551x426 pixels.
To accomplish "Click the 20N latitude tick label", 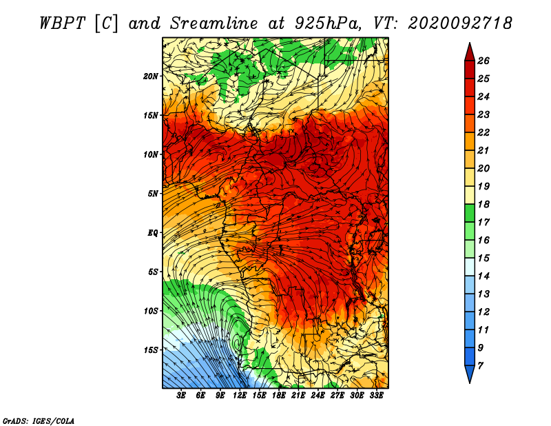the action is click(151, 77).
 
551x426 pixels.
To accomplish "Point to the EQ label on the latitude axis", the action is click(153, 233).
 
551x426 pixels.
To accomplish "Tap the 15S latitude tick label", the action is click(151, 350).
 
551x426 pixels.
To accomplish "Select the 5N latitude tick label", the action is click(153, 194).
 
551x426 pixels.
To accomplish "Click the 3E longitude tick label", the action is click(181, 396).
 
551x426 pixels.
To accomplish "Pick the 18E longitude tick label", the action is click(279, 396).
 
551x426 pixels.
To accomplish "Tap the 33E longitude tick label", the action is click(376, 396).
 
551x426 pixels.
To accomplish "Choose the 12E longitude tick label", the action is click(239, 396).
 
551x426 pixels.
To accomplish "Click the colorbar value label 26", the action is click(484, 61).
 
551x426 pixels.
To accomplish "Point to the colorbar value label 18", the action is click(484, 204).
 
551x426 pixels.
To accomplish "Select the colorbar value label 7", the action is click(480, 366).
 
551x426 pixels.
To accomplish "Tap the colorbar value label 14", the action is click(484, 276).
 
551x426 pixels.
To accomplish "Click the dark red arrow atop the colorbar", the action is click(470, 52).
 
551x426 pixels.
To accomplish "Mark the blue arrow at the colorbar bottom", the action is click(470, 374).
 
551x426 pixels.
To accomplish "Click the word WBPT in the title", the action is click(62, 23).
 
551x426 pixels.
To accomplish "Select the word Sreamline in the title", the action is click(214, 23).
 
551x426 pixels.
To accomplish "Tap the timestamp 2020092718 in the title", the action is click(460, 23).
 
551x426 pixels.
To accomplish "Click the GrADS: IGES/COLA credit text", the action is click(39, 420).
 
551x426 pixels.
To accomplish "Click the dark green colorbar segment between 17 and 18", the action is click(470, 213).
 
